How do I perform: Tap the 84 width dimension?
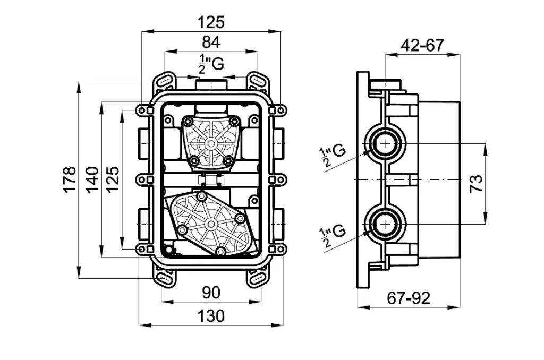(211, 41)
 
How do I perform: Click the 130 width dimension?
(211, 316)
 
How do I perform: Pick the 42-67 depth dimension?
(422, 45)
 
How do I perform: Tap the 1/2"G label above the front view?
(211, 63)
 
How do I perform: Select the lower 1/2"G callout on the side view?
(333, 235)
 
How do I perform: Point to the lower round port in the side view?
(383, 225)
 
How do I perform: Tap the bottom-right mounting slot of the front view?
(258, 278)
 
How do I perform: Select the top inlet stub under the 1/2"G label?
(211, 85)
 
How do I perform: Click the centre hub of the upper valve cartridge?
(211, 143)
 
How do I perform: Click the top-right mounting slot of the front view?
(258, 81)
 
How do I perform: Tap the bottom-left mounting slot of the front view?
(164, 278)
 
